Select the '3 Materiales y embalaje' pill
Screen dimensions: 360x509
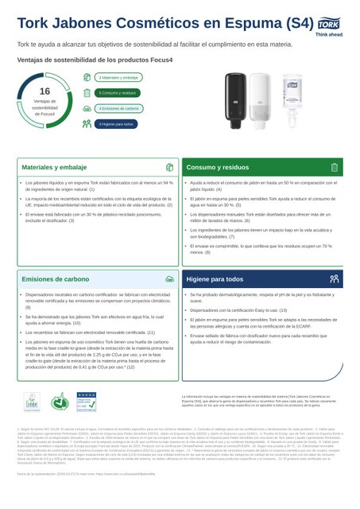coord(118,77)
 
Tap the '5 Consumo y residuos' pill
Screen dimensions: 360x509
coord(118,92)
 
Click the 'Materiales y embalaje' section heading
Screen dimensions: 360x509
coord(54,169)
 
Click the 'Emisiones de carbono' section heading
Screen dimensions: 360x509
coord(56,280)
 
